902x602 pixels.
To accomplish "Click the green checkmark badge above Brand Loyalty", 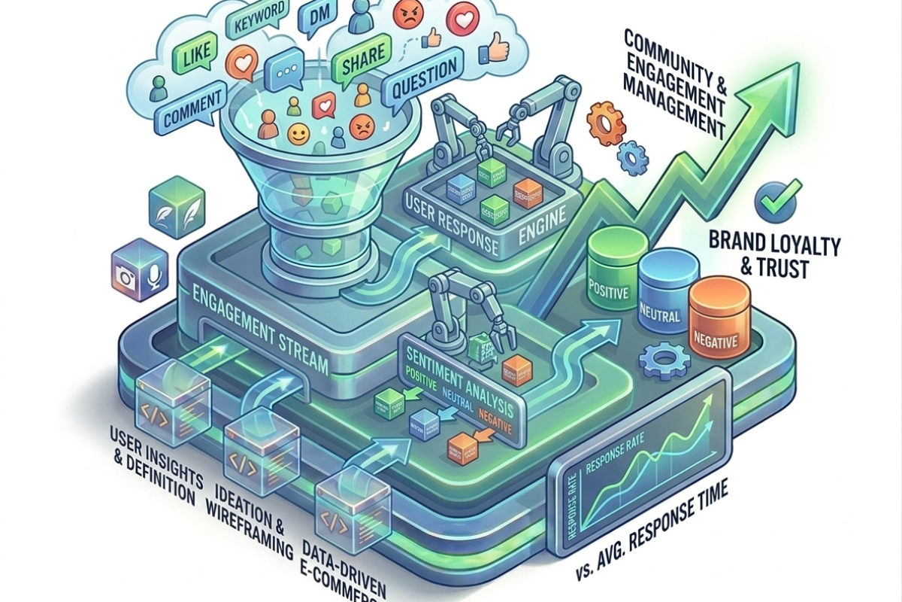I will click(x=774, y=197).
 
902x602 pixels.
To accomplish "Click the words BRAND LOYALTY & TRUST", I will click(x=786, y=254).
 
